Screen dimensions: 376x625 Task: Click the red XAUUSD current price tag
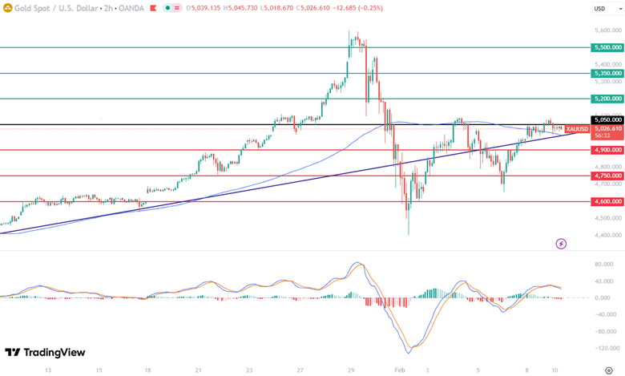578,129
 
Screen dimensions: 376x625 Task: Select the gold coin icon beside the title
8,8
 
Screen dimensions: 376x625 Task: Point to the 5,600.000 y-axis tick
607,30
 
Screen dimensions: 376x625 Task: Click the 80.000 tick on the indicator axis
605,264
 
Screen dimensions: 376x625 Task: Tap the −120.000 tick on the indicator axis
605,349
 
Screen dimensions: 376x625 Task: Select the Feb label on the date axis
401,370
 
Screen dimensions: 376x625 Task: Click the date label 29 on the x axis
351,370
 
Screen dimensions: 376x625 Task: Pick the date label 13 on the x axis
48,370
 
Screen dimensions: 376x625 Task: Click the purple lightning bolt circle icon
561,243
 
